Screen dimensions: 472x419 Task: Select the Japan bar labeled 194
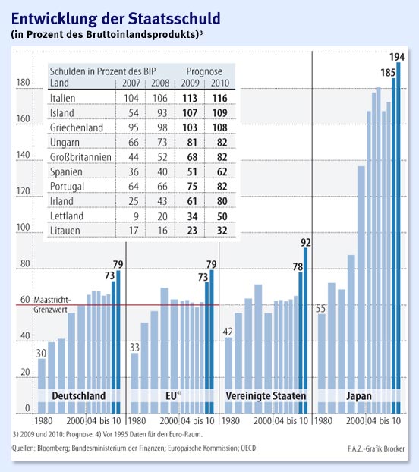[398, 228]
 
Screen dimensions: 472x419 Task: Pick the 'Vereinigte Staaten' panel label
[266, 396]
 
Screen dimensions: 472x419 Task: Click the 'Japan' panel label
[359, 396]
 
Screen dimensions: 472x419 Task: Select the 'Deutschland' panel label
[78, 396]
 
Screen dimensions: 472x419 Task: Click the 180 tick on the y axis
[22, 83]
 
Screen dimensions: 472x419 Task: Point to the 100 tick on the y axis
[22, 228]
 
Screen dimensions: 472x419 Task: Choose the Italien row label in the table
[62, 98]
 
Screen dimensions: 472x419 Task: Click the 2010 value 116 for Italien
[221, 98]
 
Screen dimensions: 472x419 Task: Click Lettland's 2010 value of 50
[221, 214]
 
